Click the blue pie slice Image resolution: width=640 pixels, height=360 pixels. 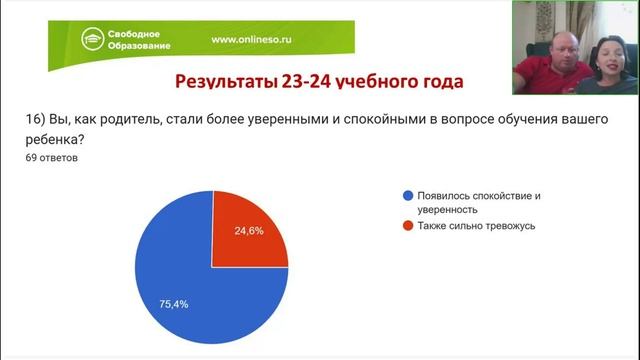coord(190,290)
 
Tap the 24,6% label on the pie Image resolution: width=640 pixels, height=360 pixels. coord(251,230)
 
